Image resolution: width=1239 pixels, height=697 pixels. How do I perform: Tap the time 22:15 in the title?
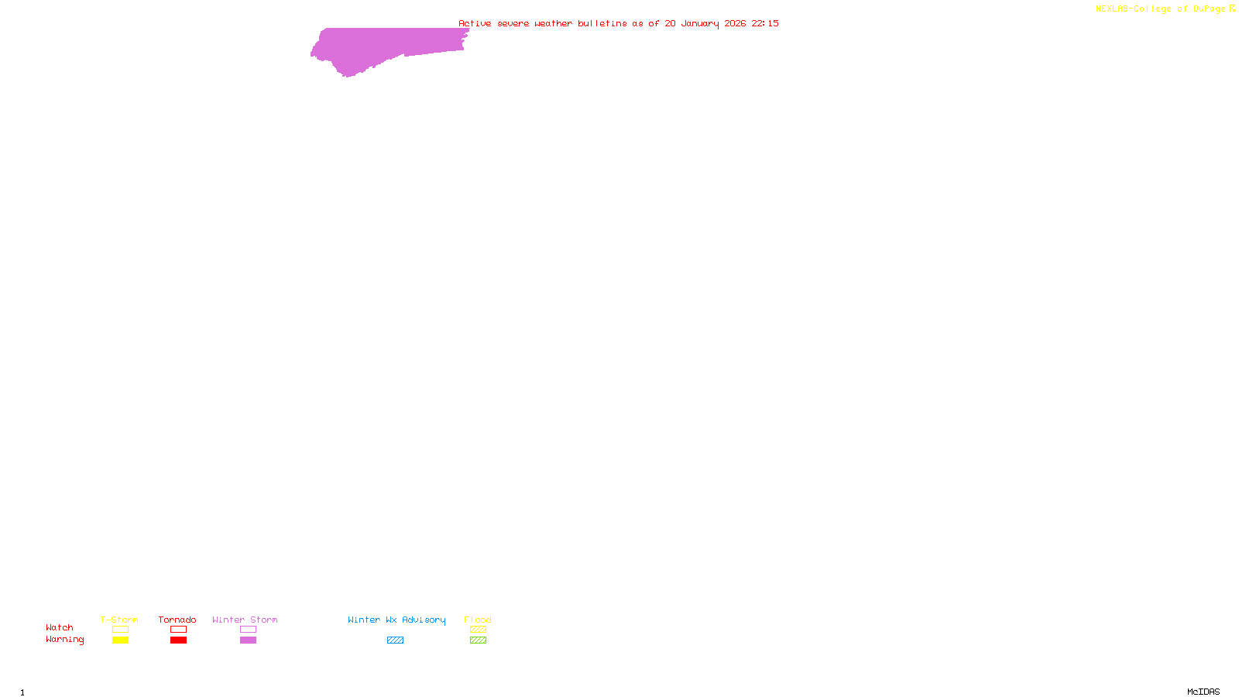coord(765,23)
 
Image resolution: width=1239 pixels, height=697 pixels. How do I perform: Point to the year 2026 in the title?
coord(735,23)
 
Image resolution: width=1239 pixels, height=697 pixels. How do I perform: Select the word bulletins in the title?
coord(602,23)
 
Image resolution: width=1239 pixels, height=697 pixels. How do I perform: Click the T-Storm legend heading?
coord(119,620)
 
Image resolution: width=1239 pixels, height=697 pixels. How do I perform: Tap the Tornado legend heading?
coord(177,620)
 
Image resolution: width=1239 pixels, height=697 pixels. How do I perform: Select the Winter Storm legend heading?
coord(245,620)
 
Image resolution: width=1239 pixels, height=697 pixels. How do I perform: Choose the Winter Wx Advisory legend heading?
coord(396,620)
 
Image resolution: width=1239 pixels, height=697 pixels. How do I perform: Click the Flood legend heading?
coord(478,620)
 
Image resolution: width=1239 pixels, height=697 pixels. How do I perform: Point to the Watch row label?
coord(60,627)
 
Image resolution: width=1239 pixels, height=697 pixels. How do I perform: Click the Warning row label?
coord(65,640)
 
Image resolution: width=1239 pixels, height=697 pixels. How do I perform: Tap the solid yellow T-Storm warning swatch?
coord(120,640)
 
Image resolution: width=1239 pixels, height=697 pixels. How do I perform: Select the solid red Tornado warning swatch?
coord(178,640)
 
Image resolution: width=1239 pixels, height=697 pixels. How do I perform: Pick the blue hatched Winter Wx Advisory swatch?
coord(395,640)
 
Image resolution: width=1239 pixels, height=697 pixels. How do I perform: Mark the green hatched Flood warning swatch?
coord(478,640)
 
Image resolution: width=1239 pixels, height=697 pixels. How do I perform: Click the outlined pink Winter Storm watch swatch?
coord(248,630)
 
